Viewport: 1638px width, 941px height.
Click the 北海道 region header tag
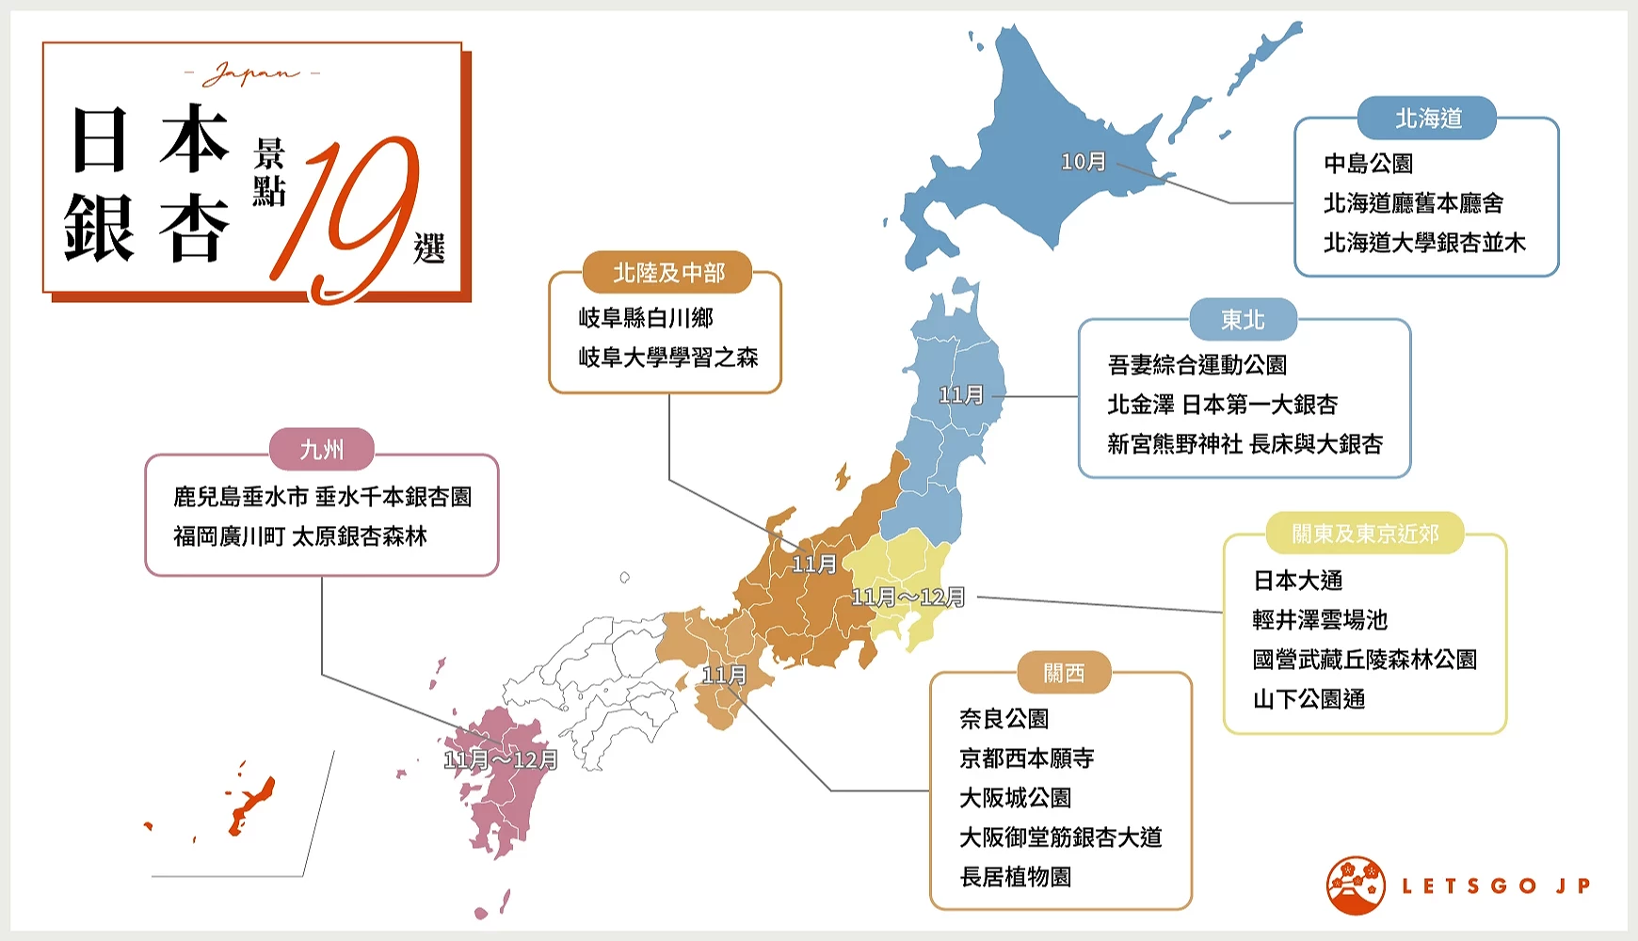coord(1427,119)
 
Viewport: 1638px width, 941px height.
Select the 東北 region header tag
coord(1243,320)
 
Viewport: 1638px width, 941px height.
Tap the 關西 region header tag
coord(1064,673)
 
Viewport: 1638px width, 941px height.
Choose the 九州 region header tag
coord(322,450)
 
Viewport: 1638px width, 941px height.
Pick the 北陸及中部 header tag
coord(668,273)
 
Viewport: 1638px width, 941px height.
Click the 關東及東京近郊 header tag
coord(1365,534)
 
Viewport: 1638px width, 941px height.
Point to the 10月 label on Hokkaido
coord(1083,162)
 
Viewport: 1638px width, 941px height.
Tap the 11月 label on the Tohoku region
coord(960,395)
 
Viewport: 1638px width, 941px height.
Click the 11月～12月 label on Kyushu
coord(501,759)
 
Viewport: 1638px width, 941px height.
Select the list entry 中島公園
coord(1368,164)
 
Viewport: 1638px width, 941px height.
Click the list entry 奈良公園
coord(1004,719)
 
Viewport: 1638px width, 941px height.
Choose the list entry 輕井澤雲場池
coord(1320,620)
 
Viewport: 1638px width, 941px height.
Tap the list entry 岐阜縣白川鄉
coord(646,318)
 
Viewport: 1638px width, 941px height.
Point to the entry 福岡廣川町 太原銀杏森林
coord(300,536)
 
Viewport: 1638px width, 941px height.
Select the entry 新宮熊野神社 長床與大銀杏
coord(1245,444)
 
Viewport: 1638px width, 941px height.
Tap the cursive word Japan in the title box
coord(251,73)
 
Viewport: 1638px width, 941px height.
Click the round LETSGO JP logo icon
coord(1356,885)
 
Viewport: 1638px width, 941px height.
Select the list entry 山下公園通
coord(1309,699)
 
